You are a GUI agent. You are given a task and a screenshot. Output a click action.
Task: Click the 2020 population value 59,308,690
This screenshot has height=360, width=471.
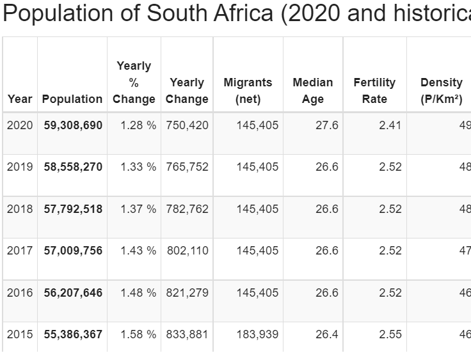click(x=73, y=125)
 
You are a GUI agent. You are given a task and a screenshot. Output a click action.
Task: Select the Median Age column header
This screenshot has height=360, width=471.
click(x=312, y=91)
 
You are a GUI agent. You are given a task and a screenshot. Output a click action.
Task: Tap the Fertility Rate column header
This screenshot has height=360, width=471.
click(x=374, y=91)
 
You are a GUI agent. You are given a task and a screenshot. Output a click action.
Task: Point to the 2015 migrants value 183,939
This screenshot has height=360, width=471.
click(x=257, y=334)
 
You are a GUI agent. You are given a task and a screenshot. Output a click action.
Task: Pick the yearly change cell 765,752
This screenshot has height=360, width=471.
click(x=187, y=167)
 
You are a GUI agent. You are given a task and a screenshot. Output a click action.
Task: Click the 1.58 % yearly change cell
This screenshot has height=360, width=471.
click(x=138, y=334)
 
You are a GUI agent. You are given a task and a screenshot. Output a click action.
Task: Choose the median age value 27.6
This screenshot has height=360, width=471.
click(x=327, y=125)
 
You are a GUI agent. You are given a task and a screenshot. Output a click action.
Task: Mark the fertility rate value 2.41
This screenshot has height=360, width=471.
click(x=390, y=125)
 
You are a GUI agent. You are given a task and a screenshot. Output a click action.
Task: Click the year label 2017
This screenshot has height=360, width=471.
click(x=20, y=251)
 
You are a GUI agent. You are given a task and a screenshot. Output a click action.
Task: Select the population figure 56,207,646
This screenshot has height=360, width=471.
click(x=73, y=293)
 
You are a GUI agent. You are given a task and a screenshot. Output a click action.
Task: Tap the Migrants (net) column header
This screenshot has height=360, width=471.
click(x=248, y=91)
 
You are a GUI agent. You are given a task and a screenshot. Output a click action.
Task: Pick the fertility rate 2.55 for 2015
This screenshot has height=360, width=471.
click(x=390, y=334)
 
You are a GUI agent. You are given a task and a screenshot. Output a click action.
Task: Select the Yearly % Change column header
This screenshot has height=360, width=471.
click(x=134, y=82)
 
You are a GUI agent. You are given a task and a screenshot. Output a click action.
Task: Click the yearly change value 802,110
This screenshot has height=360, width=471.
click(x=188, y=251)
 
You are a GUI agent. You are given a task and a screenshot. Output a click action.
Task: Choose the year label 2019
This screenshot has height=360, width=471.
click(x=20, y=167)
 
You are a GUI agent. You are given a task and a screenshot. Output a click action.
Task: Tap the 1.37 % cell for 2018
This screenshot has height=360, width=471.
click(x=138, y=209)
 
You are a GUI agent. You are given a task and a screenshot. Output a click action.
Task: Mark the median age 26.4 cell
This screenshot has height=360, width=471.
click(x=327, y=334)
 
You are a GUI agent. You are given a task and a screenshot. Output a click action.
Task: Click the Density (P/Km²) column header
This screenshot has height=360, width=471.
click(x=442, y=91)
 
